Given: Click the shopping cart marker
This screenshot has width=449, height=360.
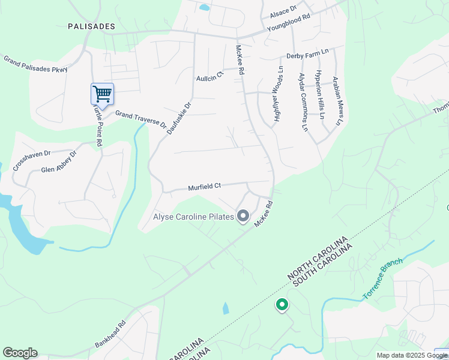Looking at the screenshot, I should [x=102, y=94].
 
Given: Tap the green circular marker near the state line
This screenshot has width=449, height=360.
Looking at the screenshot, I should [x=282, y=305].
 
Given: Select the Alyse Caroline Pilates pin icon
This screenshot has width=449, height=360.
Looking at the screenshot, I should [x=243, y=215].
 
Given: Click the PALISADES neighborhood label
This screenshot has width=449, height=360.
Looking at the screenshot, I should [x=91, y=26].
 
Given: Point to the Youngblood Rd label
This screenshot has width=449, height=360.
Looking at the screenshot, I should [x=288, y=26].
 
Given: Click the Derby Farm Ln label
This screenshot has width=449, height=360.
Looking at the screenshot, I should [x=307, y=54].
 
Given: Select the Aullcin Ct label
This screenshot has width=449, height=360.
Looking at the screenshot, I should [x=209, y=76].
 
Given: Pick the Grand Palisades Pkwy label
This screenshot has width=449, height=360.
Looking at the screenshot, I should [x=35, y=64].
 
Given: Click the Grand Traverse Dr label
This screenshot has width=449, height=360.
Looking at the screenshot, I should [x=140, y=119].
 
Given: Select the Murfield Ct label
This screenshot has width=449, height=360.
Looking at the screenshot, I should [x=205, y=187].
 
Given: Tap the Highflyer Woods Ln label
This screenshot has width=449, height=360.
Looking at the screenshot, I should [x=278, y=95].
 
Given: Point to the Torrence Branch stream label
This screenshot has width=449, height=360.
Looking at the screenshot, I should [x=384, y=281].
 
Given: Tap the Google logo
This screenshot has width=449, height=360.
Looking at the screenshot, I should [x=20, y=353].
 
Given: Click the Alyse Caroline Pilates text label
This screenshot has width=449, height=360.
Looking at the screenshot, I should [x=193, y=217].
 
